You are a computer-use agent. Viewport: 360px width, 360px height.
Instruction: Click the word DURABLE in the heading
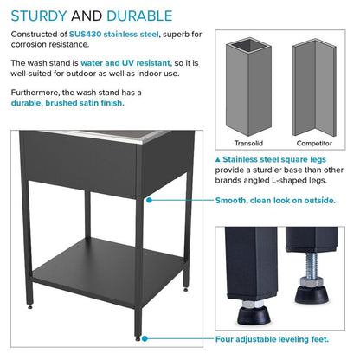(138, 16)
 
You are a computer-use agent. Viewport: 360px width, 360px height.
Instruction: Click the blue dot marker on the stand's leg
(150, 200)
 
